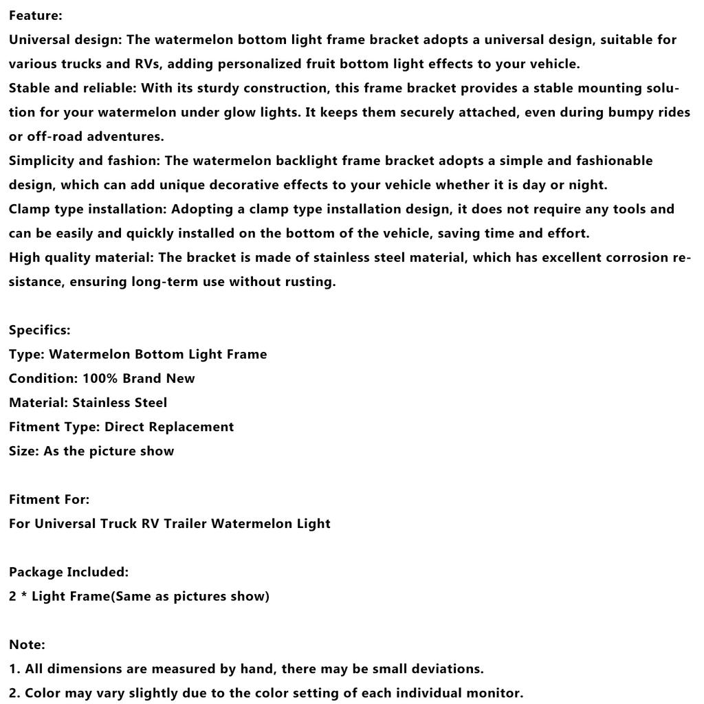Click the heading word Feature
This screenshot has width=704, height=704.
[x=35, y=15]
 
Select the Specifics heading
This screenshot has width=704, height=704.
[x=39, y=330]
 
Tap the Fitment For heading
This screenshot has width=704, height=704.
[x=49, y=499]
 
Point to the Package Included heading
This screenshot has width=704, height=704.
[x=68, y=572]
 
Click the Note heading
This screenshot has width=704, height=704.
[x=27, y=644]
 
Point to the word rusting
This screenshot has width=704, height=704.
[x=308, y=282]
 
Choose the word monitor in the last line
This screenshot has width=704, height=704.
[x=495, y=693]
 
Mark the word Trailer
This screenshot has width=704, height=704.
[x=185, y=523]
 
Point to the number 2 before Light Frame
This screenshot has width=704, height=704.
[x=12, y=596]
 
